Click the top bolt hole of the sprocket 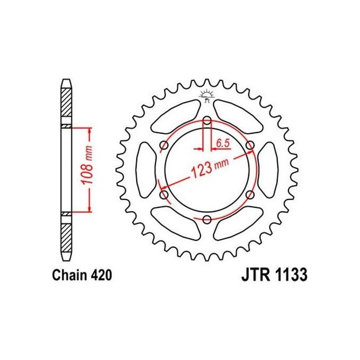point(207,119)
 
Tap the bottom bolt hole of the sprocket point(207,220)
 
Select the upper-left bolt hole point(164,145)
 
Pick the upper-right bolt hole point(250,145)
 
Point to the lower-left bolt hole point(164,195)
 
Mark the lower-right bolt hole point(250,195)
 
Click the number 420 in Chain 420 point(99,276)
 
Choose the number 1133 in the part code point(289,276)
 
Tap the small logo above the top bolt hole point(207,95)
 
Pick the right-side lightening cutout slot point(269,169)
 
